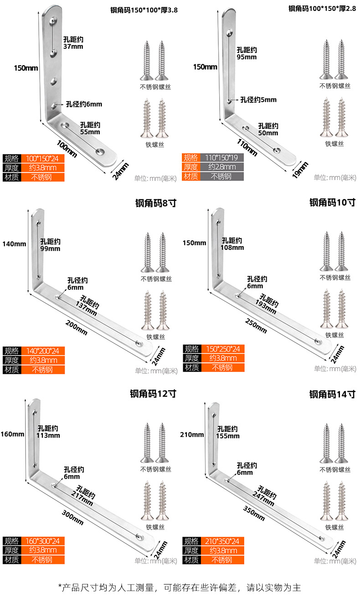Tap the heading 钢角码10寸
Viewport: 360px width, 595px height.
pyautogui.click(x=332, y=202)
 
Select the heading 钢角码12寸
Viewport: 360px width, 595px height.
pyautogui.click(x=153, y=393)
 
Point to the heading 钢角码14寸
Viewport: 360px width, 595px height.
pyautogui.click(x=332, y=394)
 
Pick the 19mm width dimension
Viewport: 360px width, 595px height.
pyautogui.click(x=302, y=170)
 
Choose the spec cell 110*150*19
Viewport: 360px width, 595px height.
pyautogui.click(x=221, y=158)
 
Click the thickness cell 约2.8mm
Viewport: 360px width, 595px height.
pyautogui.click(x=221, y=167)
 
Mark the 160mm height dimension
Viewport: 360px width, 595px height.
pyautogui.click(x=12, y=434)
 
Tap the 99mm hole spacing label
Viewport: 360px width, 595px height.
pyautogui.click(x=50, y=248)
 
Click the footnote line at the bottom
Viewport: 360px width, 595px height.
pyautogui.click(x=180, y=586)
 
